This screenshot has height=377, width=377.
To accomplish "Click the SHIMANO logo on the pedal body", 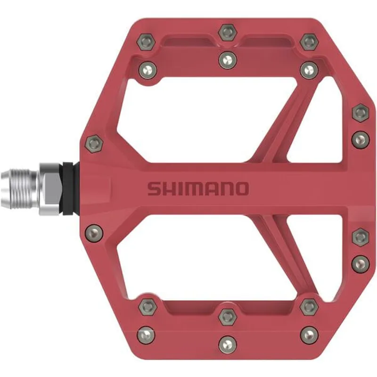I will pyautogui.click(x=197, y=188).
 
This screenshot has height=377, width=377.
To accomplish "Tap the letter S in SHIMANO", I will pyautogui.click(x=154, y=188).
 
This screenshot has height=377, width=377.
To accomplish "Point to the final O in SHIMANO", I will pyautogui.click(x=240, y=188).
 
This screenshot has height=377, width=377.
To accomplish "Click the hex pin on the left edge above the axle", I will pyautogui.click(x=94, y=142).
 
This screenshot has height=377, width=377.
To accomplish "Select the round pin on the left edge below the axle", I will pyautogui.click(x=94, y=231).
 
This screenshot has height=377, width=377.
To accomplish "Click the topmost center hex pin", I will pyautogui.click(x=227, y=33).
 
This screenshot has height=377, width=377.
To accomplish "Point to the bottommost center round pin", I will pyautogui.click(x=227, y=343).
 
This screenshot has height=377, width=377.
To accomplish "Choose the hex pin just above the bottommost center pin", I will pyautogui.click(x=227, y=316).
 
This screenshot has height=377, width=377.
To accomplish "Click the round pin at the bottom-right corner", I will pyautogui.click(x=309, y=335).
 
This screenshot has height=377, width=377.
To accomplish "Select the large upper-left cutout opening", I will pyautogui.click(x=198, y=118).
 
